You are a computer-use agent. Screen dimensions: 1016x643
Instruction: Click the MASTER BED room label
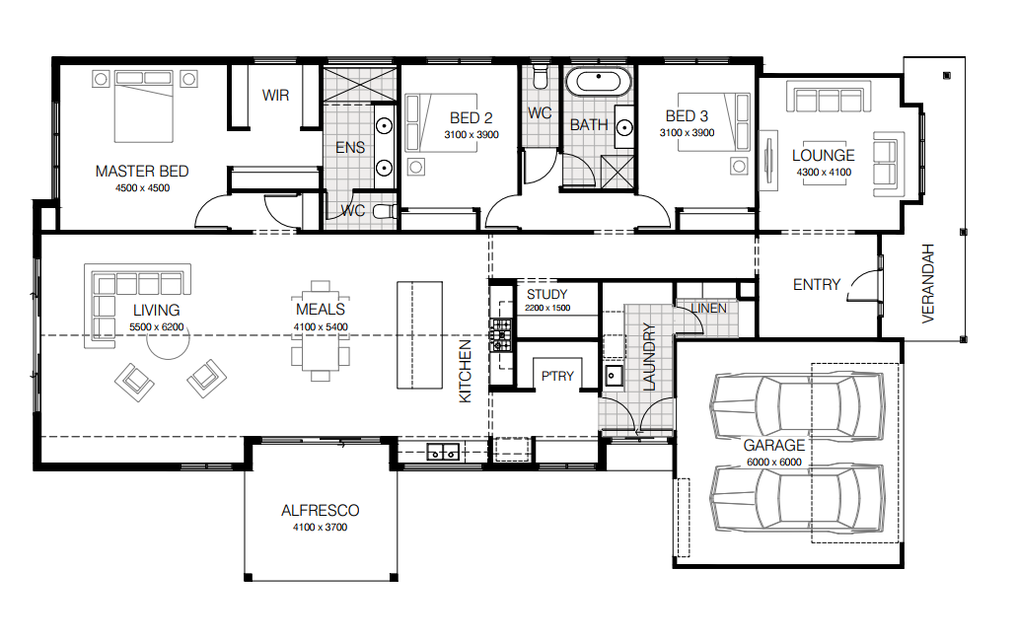[x=142, y=171]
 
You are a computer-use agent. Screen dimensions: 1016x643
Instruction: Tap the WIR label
[x=275, y=96]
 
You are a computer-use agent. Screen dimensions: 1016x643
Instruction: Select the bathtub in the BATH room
[x=598, y=82]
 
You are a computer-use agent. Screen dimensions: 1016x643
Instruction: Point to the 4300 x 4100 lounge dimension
[x=824, y=173]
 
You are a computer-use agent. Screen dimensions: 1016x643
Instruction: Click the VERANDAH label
[x=928, y=284]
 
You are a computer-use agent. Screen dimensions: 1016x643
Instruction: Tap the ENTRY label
[x=817, y=284]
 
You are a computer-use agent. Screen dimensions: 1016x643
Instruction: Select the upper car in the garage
[x=797, y=406]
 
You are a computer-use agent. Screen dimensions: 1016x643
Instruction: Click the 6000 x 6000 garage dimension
[x=773, y=462]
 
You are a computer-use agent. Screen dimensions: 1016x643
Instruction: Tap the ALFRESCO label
[x=321, y=510]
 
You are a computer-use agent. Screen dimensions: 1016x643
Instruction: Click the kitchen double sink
[x=443, y=452]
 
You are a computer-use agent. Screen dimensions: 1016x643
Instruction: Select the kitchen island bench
[x=419, y=334]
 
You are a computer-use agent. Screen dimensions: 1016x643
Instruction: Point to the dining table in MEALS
[x=321, y=331]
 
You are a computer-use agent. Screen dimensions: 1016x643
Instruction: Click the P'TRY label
[x=557, y=376]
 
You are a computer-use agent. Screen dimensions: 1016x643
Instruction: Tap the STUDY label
[x=546, y=294]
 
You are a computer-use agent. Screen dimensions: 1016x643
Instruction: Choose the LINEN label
[x=708, y=309]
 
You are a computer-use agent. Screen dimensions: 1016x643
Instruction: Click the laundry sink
[x=613, y=376]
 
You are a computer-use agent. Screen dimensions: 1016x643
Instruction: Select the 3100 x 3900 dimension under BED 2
[x=472, y=135]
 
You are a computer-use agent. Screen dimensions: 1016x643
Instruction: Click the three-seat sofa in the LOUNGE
[x=829, y=97]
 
